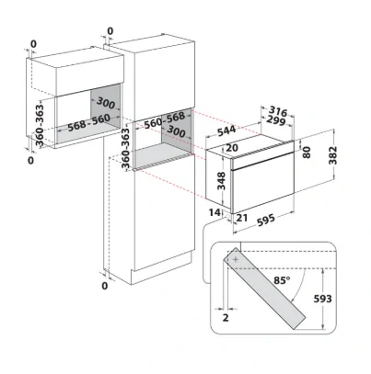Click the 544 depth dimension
(x=226, y=131)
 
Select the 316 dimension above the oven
(x=278, y=111)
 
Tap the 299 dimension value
(x=276, y=120)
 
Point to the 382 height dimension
(x=333, y=155)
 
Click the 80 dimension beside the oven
(x=307, y=153)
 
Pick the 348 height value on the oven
(x=221, y=181)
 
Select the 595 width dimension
(x=266, y=220)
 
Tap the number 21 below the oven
(x=242, y=218)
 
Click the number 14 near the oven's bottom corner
(x=215, y=212)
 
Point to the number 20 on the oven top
(x=232, y=148)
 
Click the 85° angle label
(x=283, y=280)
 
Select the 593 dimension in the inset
(x=322, y=299)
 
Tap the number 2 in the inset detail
(x=226, y=318)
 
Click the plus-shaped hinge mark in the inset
(x=236, y=259)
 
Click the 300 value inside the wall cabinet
(x=106, y=103)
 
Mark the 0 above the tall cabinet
(x=110, y=31)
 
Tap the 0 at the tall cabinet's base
(x=105, y=286)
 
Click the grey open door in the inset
(x=265, y=289)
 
